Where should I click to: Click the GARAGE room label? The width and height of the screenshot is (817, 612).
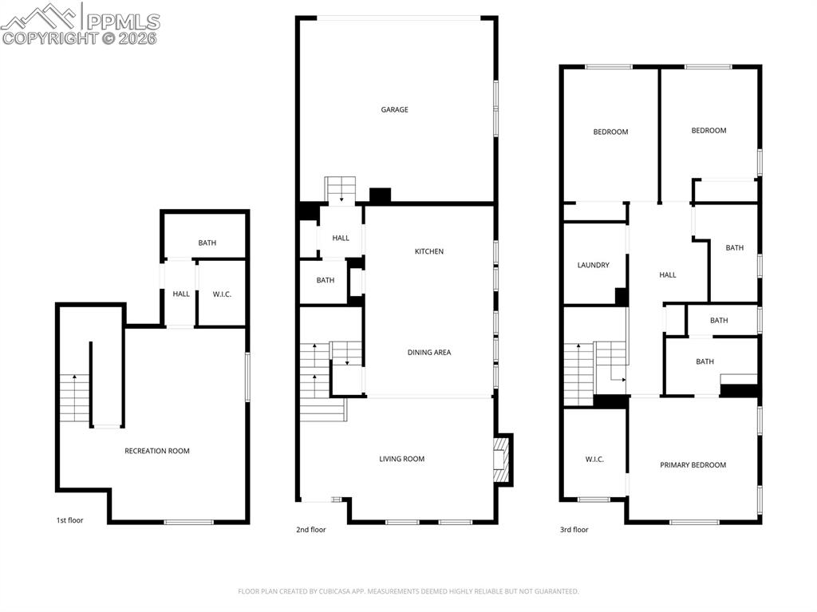(x=394, y=109)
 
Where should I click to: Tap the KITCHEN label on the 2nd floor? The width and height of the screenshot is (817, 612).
(x=428, y=251)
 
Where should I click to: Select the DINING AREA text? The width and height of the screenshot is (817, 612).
(x=429, y=352)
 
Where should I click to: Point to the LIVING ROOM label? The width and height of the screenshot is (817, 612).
(x=401, y=459)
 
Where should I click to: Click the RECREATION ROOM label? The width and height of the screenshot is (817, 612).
(x=157, y=451)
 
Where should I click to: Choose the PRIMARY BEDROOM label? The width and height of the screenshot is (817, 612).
(x=693, y=465)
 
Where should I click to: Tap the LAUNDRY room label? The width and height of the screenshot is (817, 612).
(x=593, y=265)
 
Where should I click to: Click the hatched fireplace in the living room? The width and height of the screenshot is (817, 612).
(x=502, y=459)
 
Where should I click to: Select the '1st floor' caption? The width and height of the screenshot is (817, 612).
(x=69, y=520)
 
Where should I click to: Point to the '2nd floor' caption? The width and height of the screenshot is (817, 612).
(x=310, y=529)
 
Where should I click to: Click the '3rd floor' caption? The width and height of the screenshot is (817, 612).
(x=574, y=529)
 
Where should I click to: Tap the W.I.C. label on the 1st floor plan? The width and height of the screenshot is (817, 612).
(x=222, y=294)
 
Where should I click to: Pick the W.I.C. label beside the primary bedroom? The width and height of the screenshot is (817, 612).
(x=594, y=459)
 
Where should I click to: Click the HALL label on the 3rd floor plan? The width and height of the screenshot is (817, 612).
(x=668, y=274)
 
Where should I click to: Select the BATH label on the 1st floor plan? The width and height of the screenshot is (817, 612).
(x=207, y=243)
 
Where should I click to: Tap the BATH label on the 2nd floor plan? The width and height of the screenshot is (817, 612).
(x=325, y=280)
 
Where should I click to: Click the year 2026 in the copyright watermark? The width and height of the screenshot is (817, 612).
(x=137, y=38)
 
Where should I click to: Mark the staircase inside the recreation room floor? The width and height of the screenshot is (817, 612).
(x=73, y=397)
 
